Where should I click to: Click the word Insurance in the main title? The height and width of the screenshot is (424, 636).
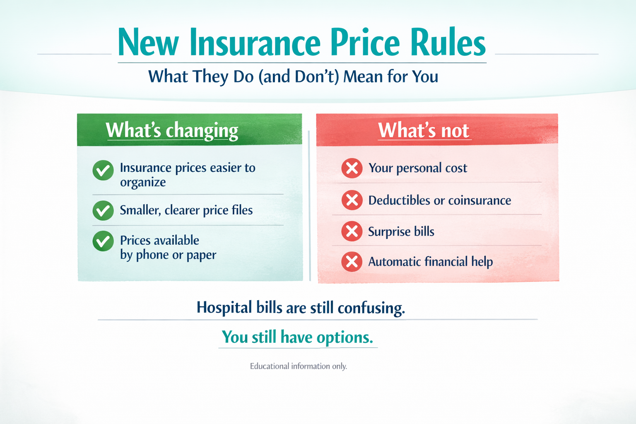[255, 42]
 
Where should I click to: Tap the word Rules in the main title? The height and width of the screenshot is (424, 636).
[448, 42]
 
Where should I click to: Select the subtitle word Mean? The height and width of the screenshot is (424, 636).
[363, 76]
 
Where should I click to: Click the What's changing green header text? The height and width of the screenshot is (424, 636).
[172, 130]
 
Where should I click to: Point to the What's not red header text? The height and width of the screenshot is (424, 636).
[424, 130]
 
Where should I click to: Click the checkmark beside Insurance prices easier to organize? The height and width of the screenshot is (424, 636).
[103, 171]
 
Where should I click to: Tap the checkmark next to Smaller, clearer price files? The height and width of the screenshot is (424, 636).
[103, 210]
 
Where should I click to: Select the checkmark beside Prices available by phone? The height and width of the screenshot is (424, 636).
[103, 241]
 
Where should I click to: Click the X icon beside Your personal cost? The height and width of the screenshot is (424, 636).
[352, 168]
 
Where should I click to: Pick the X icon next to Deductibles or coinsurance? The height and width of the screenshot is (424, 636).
[352, 200]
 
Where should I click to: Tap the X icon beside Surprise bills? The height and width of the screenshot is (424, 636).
[352, 231]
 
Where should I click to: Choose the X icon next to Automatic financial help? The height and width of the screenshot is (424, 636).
[352, 262]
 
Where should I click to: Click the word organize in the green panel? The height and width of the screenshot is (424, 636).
[143, 182]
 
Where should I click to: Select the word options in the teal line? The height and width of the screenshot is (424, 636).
[344, 337]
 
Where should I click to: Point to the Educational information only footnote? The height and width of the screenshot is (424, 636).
[299, 366]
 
